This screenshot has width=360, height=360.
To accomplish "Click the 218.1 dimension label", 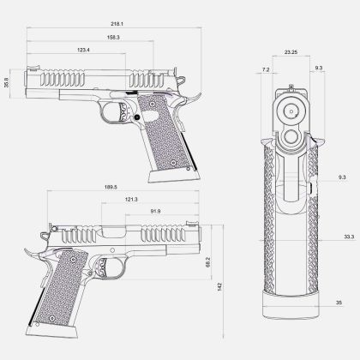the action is [x=117, y=24].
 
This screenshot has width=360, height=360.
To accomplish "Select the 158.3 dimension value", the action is [x=113, y=38].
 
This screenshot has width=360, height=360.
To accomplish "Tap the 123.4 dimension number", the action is [x=83, y=50].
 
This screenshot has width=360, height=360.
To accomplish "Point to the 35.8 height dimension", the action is [x=7, y=83].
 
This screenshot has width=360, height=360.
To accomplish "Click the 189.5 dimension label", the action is [x=111, y=187].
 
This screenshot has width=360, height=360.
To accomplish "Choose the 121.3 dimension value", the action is [x=131, y=200].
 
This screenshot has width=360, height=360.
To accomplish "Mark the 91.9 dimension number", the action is [x=155, y=212].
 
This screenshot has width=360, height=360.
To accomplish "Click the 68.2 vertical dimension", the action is [x=208, y=262].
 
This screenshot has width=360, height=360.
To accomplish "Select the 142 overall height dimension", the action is [x=219, y=286].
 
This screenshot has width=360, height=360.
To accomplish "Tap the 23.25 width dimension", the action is [x=291, y=52].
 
